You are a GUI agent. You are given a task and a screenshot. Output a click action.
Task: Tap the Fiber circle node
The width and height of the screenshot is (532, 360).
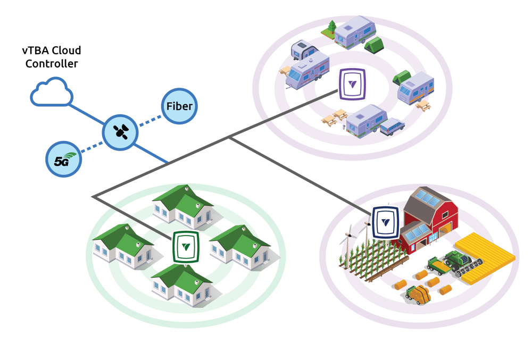[x=179, y=106]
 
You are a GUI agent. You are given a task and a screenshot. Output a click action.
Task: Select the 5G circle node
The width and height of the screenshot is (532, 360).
[x=63, y=159]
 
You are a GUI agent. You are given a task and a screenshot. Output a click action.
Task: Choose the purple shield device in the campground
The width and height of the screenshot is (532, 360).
[x=352, y=83]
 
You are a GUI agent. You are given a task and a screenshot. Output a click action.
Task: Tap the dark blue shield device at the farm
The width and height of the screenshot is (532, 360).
[x=386, y=222]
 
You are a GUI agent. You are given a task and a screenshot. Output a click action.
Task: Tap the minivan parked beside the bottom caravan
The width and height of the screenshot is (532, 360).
[x=391, y=125]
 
